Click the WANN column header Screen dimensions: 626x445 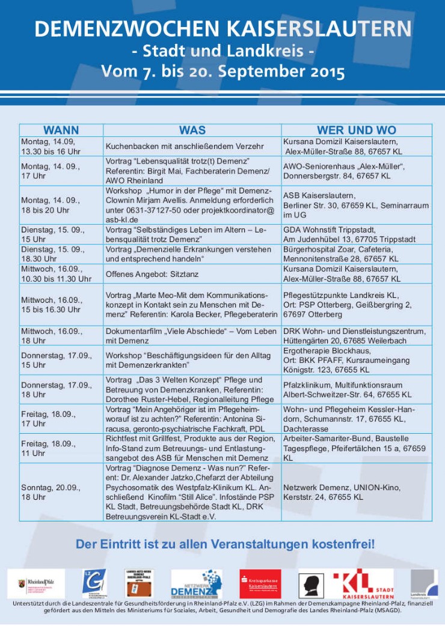click(x=61, y=130)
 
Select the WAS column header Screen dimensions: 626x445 click(x=192, y=130)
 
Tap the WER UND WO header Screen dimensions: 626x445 click(x=357, y=130)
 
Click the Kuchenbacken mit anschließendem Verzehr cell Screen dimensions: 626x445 click(x=185, y=146)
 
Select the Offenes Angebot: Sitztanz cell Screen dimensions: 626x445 click(x=160, y=274)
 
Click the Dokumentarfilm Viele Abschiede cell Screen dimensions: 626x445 click(x=191, y=335)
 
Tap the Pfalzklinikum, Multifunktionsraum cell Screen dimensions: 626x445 click(x=348, y=390)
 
